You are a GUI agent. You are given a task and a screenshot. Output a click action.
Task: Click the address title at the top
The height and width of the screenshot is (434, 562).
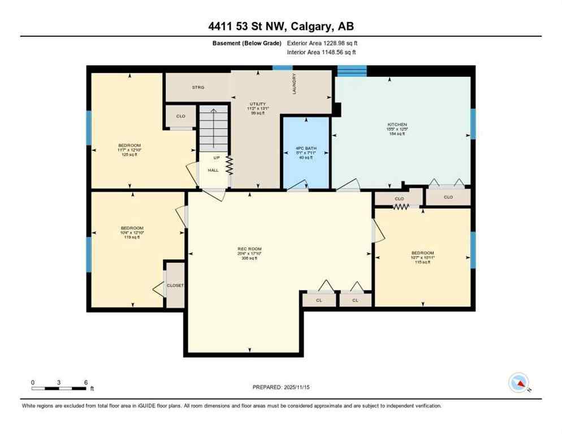point(280,26)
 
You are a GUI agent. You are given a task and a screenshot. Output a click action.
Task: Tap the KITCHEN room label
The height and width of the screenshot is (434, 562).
point(397,124)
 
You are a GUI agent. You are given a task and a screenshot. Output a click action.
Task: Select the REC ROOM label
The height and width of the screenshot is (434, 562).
point(249,249)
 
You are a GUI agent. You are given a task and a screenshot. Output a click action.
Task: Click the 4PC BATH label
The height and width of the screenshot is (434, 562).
point(305,149)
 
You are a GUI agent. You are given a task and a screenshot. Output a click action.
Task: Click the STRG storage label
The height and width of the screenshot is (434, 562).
point(197,87)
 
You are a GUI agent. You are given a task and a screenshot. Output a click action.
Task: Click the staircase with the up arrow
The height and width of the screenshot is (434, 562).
point(213,128)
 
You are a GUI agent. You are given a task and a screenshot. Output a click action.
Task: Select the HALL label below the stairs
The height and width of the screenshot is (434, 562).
point(213,169)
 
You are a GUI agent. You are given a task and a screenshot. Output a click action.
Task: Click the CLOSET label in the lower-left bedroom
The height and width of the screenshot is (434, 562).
point(175,285)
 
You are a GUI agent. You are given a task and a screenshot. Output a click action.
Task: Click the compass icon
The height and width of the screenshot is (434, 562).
point(518,383)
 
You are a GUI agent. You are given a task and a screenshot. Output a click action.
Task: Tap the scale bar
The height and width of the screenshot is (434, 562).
point(59,388)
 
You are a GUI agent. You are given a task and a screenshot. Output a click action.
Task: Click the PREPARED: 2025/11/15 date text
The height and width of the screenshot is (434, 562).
point(280,387)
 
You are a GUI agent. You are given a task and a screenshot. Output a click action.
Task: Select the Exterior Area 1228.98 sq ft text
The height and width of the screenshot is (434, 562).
point(322,43)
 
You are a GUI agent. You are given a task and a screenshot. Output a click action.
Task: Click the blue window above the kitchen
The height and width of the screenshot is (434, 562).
point(352,71)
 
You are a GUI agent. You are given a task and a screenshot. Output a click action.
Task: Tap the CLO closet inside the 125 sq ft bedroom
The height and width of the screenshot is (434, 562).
point(180,116)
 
